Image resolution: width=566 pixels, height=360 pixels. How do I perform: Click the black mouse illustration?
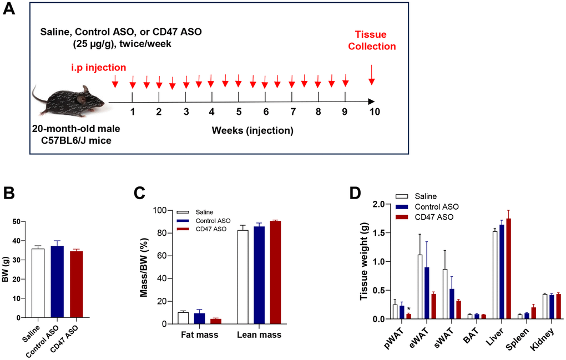pos(69,100)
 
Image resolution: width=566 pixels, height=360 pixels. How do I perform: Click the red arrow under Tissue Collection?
pos(371,75)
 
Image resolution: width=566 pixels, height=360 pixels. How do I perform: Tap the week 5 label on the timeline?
pos(239,111)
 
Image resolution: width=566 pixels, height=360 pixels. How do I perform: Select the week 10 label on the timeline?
pos(375,111)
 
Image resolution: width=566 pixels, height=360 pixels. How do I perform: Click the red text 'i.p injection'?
pos(98,68)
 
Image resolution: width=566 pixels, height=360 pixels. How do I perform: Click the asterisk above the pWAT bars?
pos(409,310)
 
